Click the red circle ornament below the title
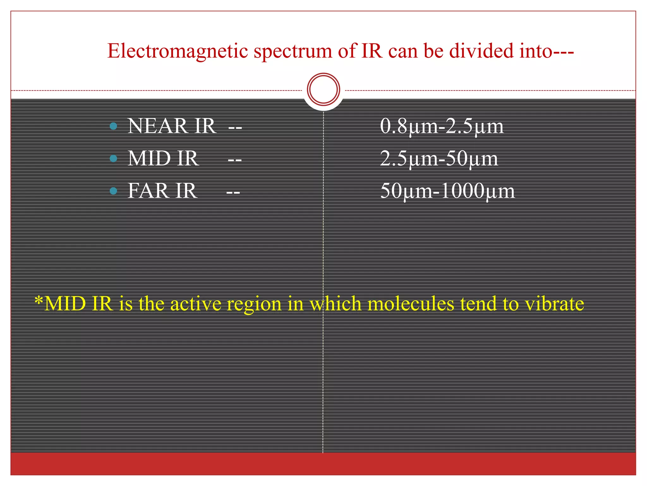[323, 89]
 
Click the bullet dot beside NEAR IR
[113, 126]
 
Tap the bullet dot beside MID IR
[113, 158]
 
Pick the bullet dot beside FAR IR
[113, 191]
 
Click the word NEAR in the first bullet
[157, 126]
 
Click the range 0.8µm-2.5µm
[441, 126]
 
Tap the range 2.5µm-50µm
[439, 159]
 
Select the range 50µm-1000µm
[447, 191]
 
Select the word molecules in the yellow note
[411, 304]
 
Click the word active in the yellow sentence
[196, 304]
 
